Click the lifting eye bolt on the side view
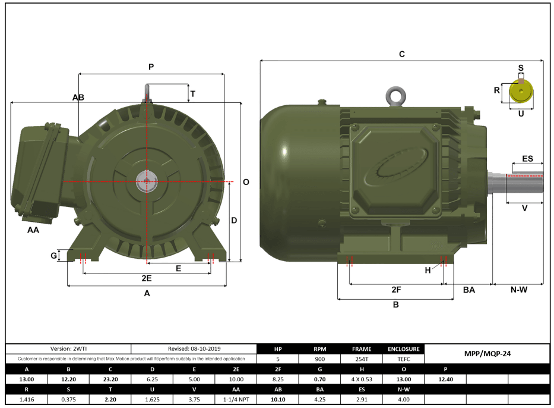click(x=394, y=96)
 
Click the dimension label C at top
click(x=402, y=54)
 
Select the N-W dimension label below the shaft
click(x=519, y=290)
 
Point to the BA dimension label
click(x=469, y=290)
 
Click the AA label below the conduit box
click(x=33, y=230)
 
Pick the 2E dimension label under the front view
click(x=146, y=278)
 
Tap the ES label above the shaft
click(x=527, y=159)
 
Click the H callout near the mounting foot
click(x=428, y=271)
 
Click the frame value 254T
click(x=362, y=359)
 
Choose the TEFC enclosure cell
click(x=404, y=359)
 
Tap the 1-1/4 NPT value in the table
click(x=236, y=399)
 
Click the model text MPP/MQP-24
click(x=487, y=353)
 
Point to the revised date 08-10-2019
click(x=193, y=349)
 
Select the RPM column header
click(x=320, y=349)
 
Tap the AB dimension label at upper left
click(x=78, y=97)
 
